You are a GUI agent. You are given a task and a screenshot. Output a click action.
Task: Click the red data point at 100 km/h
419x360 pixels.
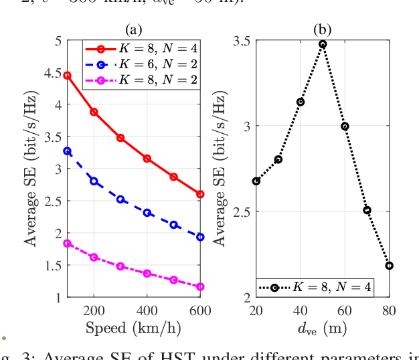pyautogui.click(x=67, y=76)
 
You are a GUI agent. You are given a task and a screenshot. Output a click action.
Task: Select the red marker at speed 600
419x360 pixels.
pyautogui.click(x=200, y=194)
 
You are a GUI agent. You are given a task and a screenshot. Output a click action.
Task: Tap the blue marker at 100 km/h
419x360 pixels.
pyautogui.click(x=67, y=151)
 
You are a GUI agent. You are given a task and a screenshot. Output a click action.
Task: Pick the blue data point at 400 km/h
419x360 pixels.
pyautogui.click(x=147, y=213)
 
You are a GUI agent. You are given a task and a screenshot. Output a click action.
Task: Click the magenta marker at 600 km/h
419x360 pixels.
pyautogui.click(x=200, y=286)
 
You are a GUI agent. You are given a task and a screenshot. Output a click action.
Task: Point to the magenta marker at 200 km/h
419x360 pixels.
pyautogui.click(x=94, y=257)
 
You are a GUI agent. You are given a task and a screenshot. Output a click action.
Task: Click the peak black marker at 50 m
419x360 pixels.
pyautogui.click(x=323, y=44)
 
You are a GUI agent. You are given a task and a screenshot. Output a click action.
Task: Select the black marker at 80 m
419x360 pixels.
pyautogui.click(x=389, y=266)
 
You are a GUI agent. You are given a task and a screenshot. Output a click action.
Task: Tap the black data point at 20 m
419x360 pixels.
pyautogui.click(x=256, y=181)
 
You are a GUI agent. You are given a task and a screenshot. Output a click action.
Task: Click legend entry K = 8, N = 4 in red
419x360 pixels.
pyautogui.click(x=141, y=48)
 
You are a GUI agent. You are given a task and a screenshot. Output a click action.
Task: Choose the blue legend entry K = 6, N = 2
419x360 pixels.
pyautogui.click(x=141, y=64)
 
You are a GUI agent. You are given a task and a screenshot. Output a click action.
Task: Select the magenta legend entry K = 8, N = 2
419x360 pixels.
pyautogui.click(x=141, y=80)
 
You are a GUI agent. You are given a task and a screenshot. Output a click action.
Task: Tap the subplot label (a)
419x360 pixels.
pyautogui.click(x=133, y=29)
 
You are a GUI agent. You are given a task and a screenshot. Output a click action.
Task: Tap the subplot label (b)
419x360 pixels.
pyautogui.click(x=323, y=29)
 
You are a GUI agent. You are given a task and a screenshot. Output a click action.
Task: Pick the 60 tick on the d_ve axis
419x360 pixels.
pyautogui.click(x=345, y=310)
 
